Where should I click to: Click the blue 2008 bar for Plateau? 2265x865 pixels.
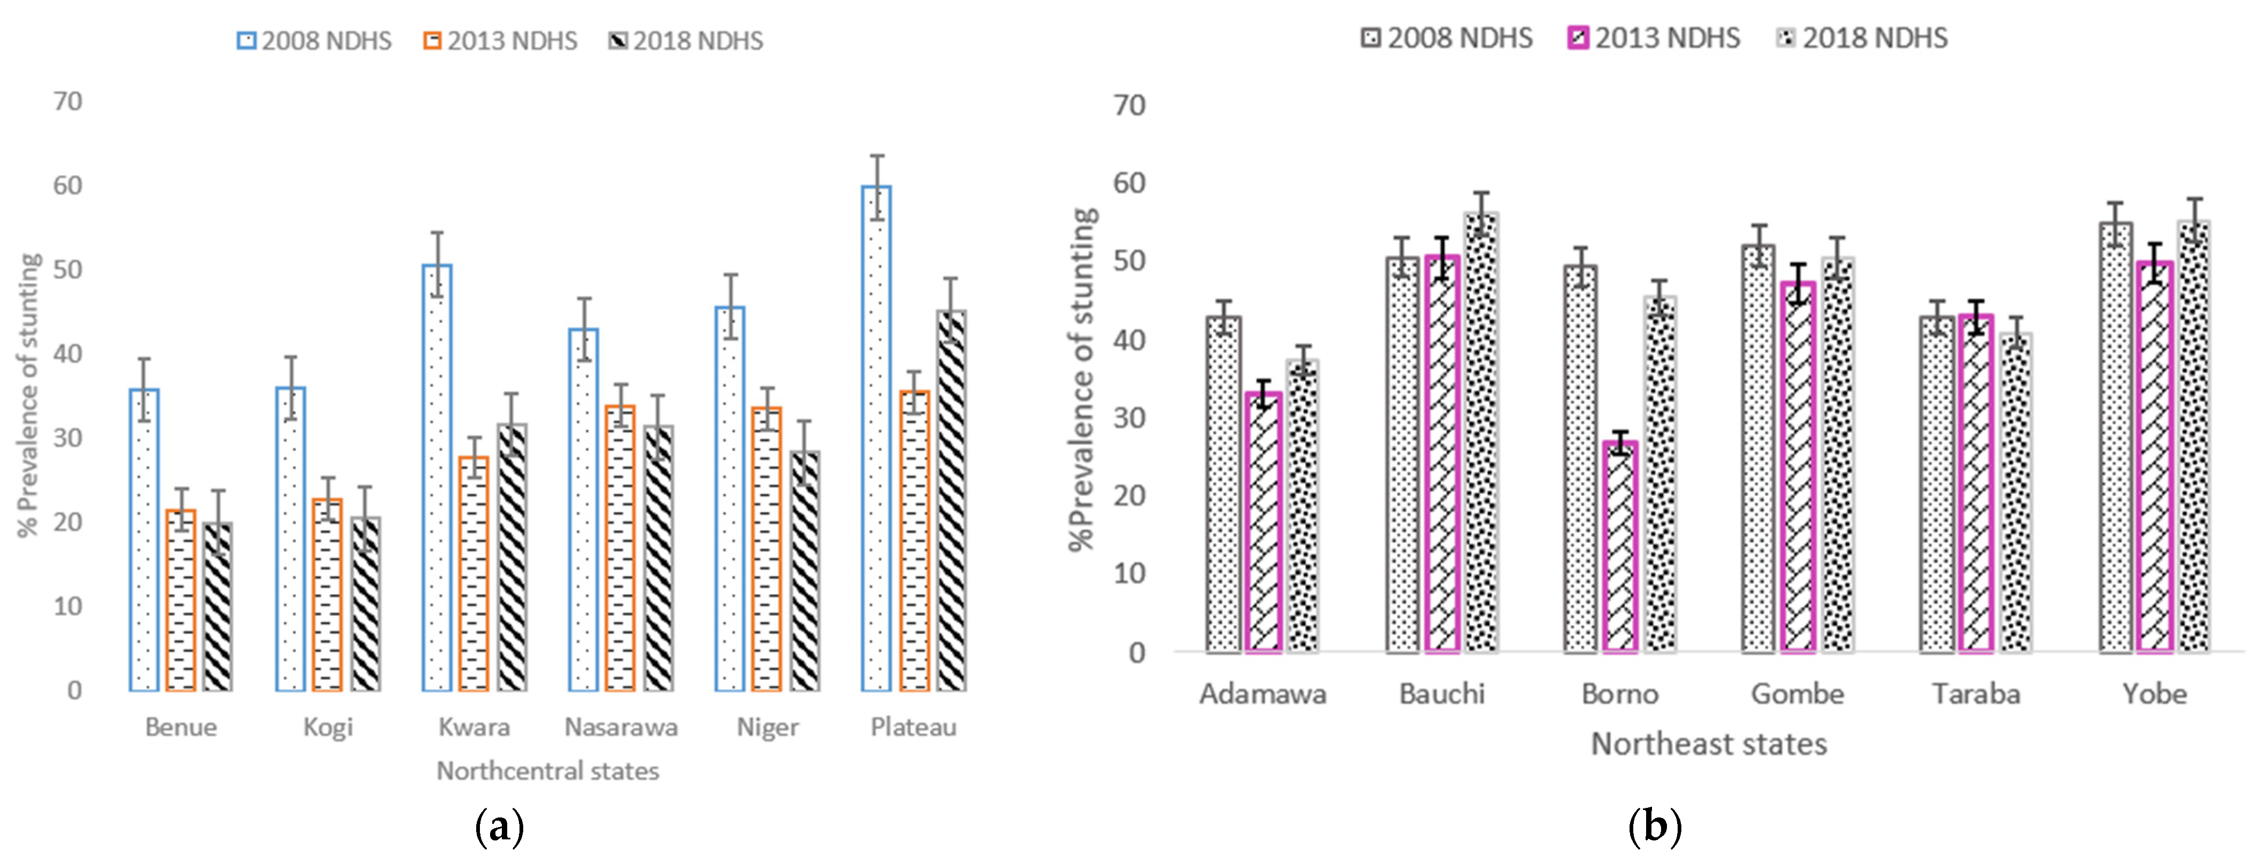tap(876, 440)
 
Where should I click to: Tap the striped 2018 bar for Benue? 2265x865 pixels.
tap(218, 606)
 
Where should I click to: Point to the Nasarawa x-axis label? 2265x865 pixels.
tap(621, 727)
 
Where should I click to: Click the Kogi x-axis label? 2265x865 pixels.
tap(328, 727)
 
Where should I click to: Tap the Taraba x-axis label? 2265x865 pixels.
tap(1976, 693)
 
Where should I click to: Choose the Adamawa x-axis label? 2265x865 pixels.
tap(1262, 693)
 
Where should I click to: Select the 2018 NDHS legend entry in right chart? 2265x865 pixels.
tap(1863, 38)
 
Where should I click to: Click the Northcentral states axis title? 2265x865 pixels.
tap(548, 771)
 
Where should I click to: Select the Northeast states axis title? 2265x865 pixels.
tap(1709, 744)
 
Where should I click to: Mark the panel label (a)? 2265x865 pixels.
tap(499, 827)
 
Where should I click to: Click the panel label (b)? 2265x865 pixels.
tap(1654, 827)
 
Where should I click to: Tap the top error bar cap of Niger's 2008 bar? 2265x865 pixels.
tap(730, 275)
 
